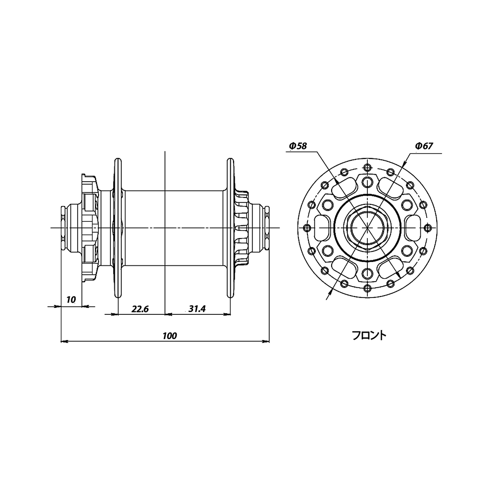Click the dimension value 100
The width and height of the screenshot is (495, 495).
(170, 336)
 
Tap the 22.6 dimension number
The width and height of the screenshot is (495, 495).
(140, 309)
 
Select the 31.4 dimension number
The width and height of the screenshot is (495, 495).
(197, 309)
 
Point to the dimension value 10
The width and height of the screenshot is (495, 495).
(71, 299)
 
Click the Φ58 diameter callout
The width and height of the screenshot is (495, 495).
(297, 146)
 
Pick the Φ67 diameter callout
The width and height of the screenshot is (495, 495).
(424, 146)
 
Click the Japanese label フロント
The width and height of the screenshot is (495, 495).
(369, 335)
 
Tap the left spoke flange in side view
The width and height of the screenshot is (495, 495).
(117, 228)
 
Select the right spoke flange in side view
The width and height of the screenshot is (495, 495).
(231, 228)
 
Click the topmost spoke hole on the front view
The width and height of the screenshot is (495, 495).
(367, 167)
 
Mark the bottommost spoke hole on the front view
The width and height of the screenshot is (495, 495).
(367, 288)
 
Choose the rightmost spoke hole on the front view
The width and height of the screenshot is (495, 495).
(428, 228)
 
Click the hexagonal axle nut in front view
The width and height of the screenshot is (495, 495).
(367, 228)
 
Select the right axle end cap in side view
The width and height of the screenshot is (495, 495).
(267, 228)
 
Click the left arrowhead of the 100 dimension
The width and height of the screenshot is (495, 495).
(64, 341)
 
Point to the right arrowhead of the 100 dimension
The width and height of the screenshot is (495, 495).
(265, 341)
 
